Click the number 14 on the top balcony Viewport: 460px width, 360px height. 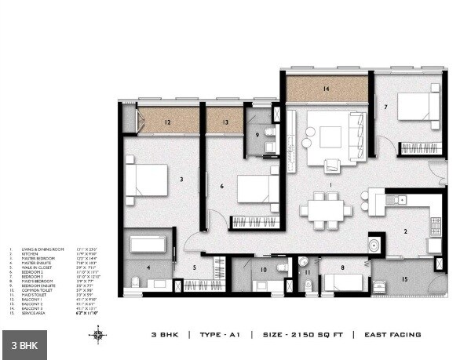[326, 89]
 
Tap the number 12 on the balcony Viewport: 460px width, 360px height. [167, 122]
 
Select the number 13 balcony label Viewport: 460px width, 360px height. [225, 122]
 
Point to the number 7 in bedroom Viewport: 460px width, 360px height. [385, 107]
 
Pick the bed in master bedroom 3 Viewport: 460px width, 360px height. [147, 180]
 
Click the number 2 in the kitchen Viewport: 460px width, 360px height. [405, 231]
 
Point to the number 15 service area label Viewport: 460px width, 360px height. [405, 279]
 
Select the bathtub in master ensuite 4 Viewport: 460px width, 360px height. [148, 244]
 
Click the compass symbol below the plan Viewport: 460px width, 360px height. [97, 335]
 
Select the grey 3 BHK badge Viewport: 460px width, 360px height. [24, 344]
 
